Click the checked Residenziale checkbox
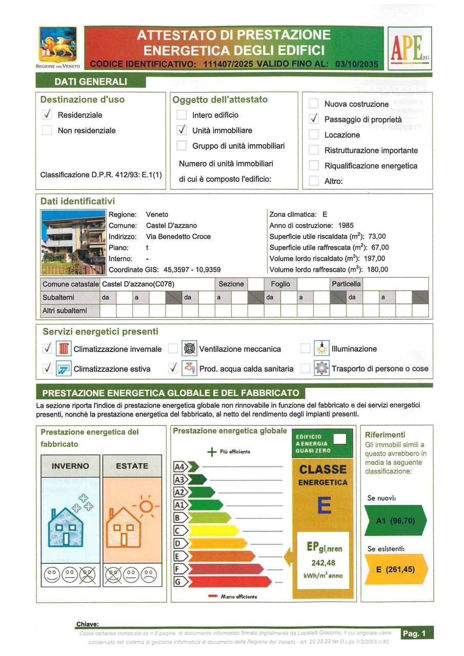47,115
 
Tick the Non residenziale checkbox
47,130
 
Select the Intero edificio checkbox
181,115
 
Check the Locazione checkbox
314,135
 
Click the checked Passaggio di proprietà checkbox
314,119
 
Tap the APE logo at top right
410,48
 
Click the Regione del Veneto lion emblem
57,45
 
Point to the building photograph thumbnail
73,242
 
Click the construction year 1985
346,225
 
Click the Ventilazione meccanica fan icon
190,349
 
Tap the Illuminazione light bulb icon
321,348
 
